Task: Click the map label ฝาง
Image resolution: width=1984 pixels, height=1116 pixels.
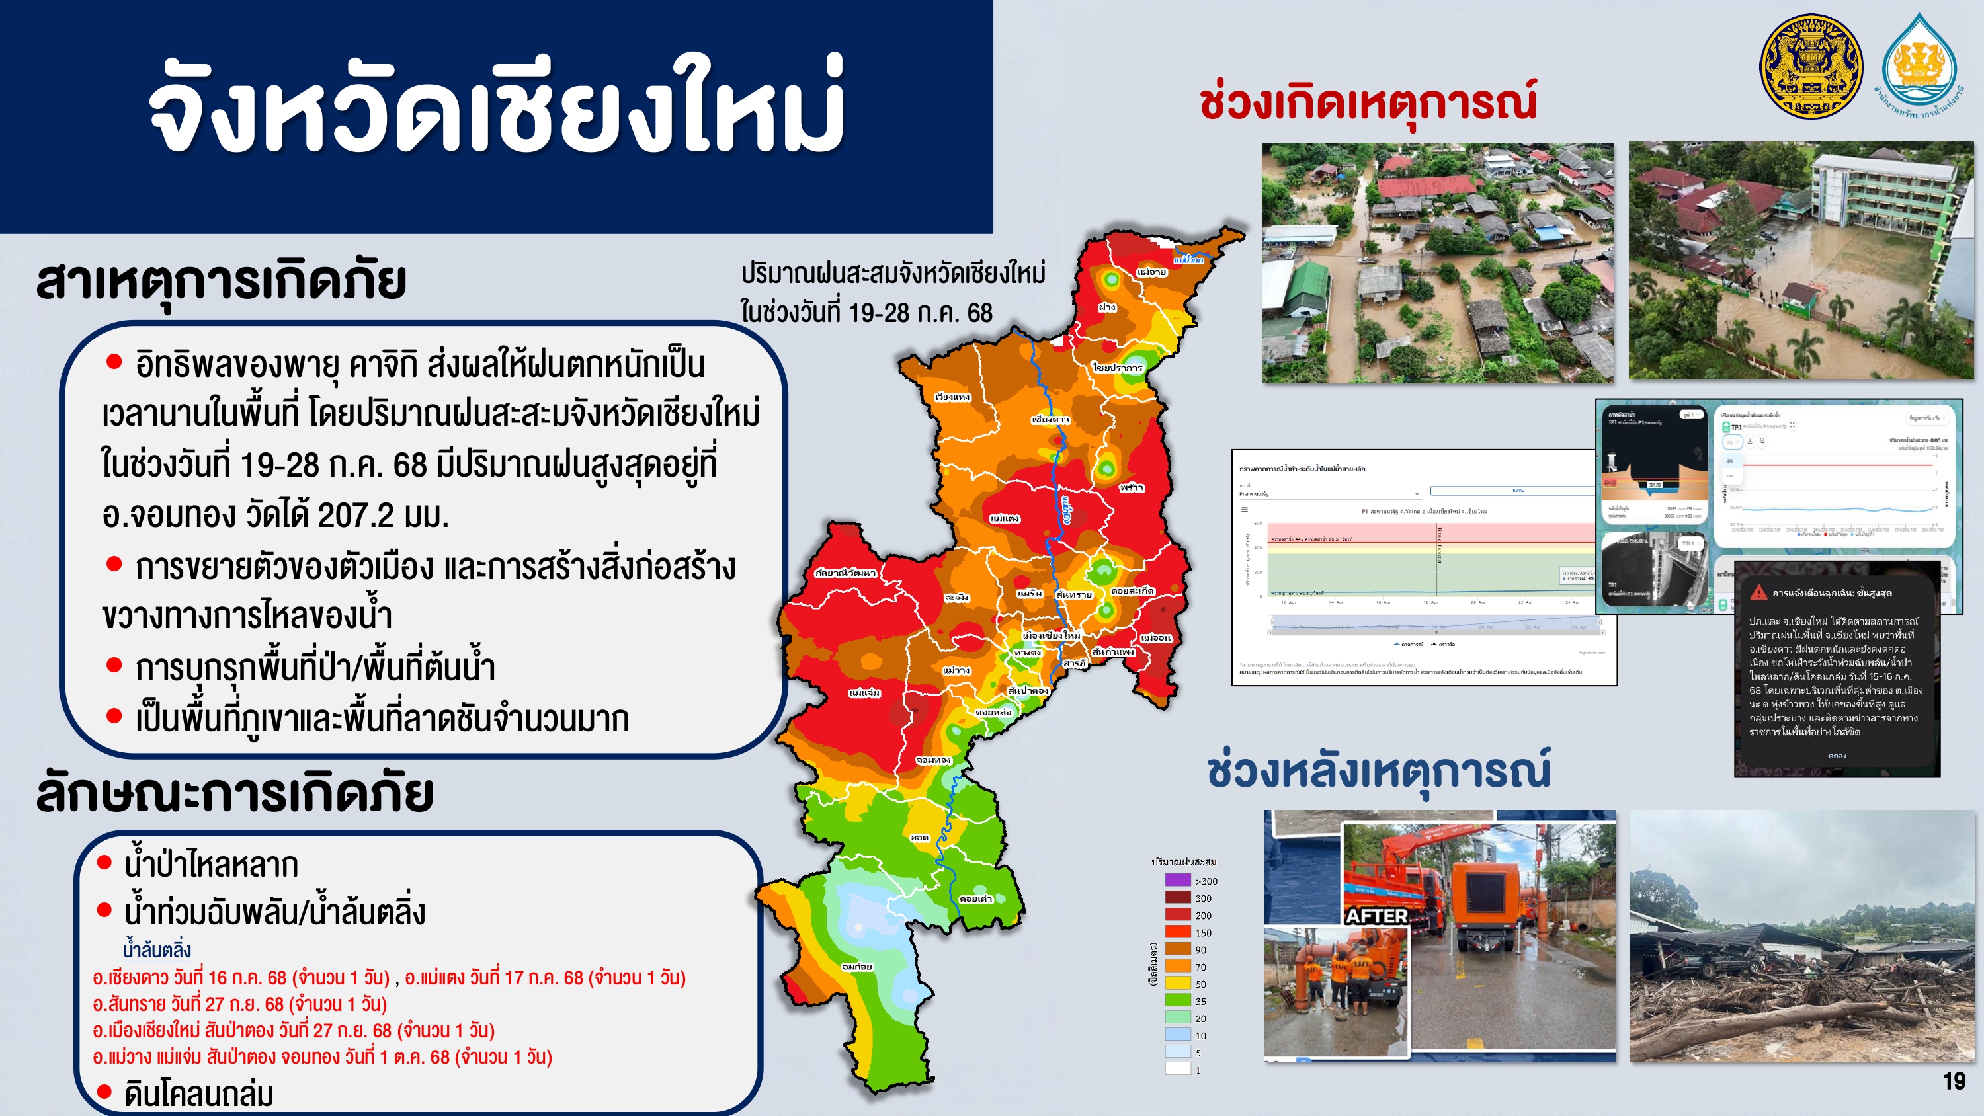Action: [x=1107, y=307]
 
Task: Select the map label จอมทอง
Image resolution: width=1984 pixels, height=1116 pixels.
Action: [x=933, y=760]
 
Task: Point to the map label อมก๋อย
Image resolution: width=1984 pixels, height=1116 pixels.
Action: [x=857, y=966]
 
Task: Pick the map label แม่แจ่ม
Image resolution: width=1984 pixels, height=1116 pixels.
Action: [x=865, y=692]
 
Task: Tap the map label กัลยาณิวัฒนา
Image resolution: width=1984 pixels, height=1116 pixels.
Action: [x=845, y=573]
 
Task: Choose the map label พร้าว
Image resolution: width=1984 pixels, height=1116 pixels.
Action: [x=1132, y=487]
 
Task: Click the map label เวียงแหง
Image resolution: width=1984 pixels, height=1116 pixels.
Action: [x=953, y=397]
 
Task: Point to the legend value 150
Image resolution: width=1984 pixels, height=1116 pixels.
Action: [x=1203, y=933]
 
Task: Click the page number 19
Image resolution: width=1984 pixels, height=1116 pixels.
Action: [x=1954, y=1082]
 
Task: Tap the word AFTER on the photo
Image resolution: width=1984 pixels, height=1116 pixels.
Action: [x=1377, y=916]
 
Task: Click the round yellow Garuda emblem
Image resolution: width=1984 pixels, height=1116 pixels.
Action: [x=1811, y=66]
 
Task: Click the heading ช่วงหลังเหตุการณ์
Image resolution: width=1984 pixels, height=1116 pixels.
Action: [x=1379, y=771]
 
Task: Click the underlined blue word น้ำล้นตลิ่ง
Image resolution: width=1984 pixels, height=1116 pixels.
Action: [x=157, y=949]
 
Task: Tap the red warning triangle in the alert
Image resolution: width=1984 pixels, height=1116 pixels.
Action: [x=1758, y=592]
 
